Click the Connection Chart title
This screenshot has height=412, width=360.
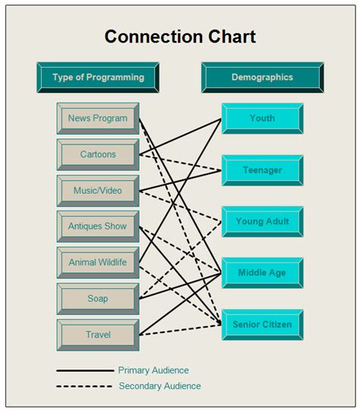pyautogui.click(x=180, y=36)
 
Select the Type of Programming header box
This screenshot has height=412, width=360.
pyautogui.click(x=98, y=78)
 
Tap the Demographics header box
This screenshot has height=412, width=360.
pyautogui.click(x=262, y=78)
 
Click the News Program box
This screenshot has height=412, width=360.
pyautogui.click(x=97, y=119)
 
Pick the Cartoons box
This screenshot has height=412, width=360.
pyautogui.click(x=97, y=155)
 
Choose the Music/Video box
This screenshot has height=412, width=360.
pyautogui.click(x=97, y=191)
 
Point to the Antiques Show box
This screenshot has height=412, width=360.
pyautogui.click(x=97, y=227)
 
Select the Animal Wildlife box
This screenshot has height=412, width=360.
pyautogui.click(x=97, y=263)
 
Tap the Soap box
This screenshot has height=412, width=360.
pyautogui.click(x=97, y=299)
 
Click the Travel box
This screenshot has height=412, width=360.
pyautogui.click(x=97, y=334)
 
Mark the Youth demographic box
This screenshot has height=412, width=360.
pyautogui.click(x=262, y=119)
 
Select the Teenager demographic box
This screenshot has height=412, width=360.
pyautogui.click(x=262, y=170)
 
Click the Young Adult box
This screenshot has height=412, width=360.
pyautogui.click(x=262, y=222)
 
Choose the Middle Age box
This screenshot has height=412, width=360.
pyautogui.click(x=262, y=273)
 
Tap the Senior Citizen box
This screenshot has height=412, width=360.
pyautogui.click(x=262, y=325)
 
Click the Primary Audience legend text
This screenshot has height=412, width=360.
pyautogui.click(x=153, y=370)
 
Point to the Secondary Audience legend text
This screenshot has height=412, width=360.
pyautogui.click(x=159, y=386)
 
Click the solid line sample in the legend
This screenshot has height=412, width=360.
pyautogui.click(x=84, y=371)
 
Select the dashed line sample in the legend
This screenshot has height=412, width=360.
pyautogui.click(x=84, y=387)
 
